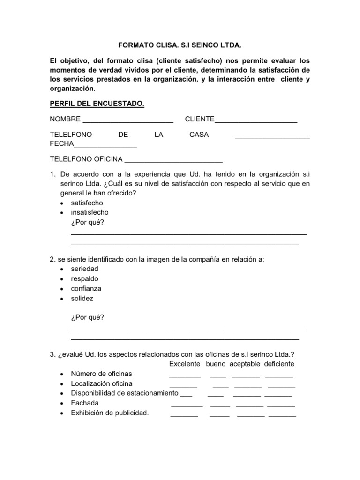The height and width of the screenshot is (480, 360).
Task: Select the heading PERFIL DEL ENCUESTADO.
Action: [x=97, y=104]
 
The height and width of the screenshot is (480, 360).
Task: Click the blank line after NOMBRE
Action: [x=127, y=121]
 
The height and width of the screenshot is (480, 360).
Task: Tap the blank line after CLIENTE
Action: [x=256, y=121]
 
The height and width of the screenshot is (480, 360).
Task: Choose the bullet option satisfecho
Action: [x=87, y=203]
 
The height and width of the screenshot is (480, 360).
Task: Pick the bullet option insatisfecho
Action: [x=90, y=212]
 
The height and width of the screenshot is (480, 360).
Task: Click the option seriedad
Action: [x=84, y=270]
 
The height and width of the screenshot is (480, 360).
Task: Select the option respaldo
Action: [x=84, y=279]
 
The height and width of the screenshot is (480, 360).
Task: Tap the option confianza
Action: [x=86, y=289]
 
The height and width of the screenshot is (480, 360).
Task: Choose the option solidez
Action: [x=82, y=299]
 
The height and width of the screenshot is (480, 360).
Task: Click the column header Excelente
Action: [x=185, y=364]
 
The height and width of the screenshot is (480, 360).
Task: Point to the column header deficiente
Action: [x=279, y=364]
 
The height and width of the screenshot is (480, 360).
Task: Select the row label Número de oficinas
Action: [x=101, y=374]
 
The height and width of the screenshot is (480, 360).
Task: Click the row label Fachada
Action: [x=85, y=403]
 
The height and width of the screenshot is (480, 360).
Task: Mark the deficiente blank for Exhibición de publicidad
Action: [x=282, y=415]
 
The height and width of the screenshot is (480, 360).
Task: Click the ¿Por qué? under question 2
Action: [x=87, y=317]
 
